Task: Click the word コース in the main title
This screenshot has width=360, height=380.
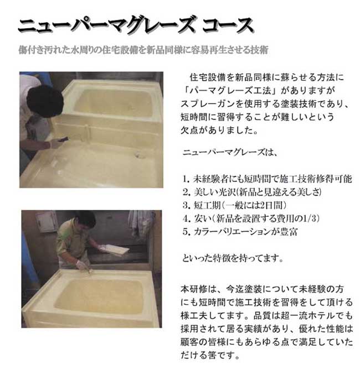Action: click(228, 25)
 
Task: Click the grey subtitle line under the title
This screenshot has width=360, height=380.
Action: click(143, 50)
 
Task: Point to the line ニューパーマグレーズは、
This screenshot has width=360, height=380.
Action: click(230, 153)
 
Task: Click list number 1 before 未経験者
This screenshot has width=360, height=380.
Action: click(186, 179)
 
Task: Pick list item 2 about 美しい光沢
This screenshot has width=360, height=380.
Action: click(253, 192)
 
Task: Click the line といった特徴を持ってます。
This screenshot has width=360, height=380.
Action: click(233, 258)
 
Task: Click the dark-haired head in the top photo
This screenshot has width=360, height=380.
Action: click(45, 101)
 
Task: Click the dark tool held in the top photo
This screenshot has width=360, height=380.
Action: click(63, 139)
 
